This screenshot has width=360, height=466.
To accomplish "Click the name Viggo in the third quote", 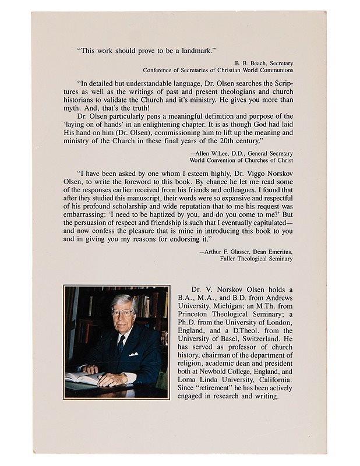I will click(x=241, y=173).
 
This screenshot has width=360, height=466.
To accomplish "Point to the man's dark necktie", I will click(x=121, y=343).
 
